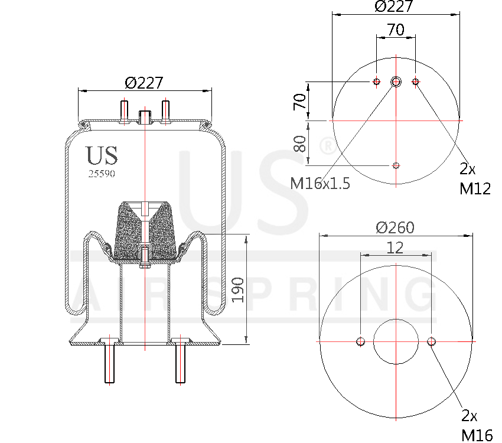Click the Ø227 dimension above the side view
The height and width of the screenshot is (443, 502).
[144, 83]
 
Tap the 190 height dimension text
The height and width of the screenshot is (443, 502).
[237, 289]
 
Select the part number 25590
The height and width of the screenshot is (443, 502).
[101, 174]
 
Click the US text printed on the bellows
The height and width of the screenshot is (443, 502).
[102, 155]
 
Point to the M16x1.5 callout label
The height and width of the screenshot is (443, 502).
[320, 184]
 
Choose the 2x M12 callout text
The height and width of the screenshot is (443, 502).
[475, 179]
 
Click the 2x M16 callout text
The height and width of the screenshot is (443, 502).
[476, 426]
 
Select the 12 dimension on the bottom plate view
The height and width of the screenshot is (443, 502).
[395, 248]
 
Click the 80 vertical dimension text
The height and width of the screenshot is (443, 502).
[300, 144]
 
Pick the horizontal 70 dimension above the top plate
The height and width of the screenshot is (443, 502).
[396, 30]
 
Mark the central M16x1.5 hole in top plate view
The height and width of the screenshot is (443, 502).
[396, 82]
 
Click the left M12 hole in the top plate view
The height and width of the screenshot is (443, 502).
[376, 82]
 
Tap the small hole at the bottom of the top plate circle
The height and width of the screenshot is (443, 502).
[396, 165]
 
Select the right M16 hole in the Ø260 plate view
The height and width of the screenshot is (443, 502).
[431, 341]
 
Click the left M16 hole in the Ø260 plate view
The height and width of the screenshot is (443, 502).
[360, 341]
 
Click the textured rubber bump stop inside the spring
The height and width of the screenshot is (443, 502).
[144, 230]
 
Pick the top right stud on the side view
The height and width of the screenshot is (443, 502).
[166, 112]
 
